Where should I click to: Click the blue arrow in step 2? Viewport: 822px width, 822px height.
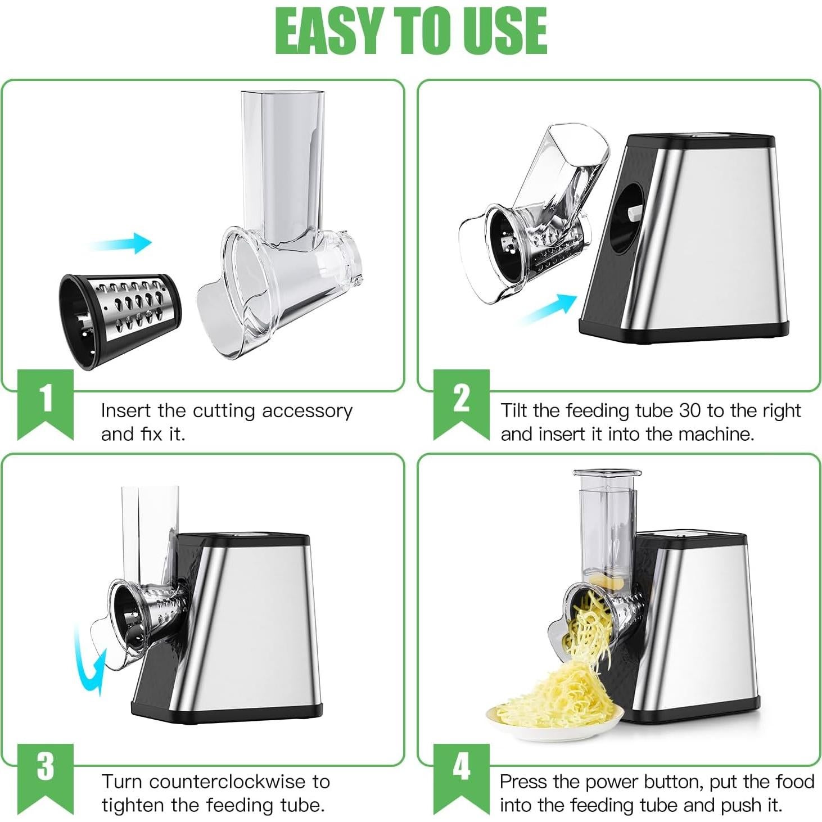tap(548, 309)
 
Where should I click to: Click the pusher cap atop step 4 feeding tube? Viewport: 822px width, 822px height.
tap(607, 474)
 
